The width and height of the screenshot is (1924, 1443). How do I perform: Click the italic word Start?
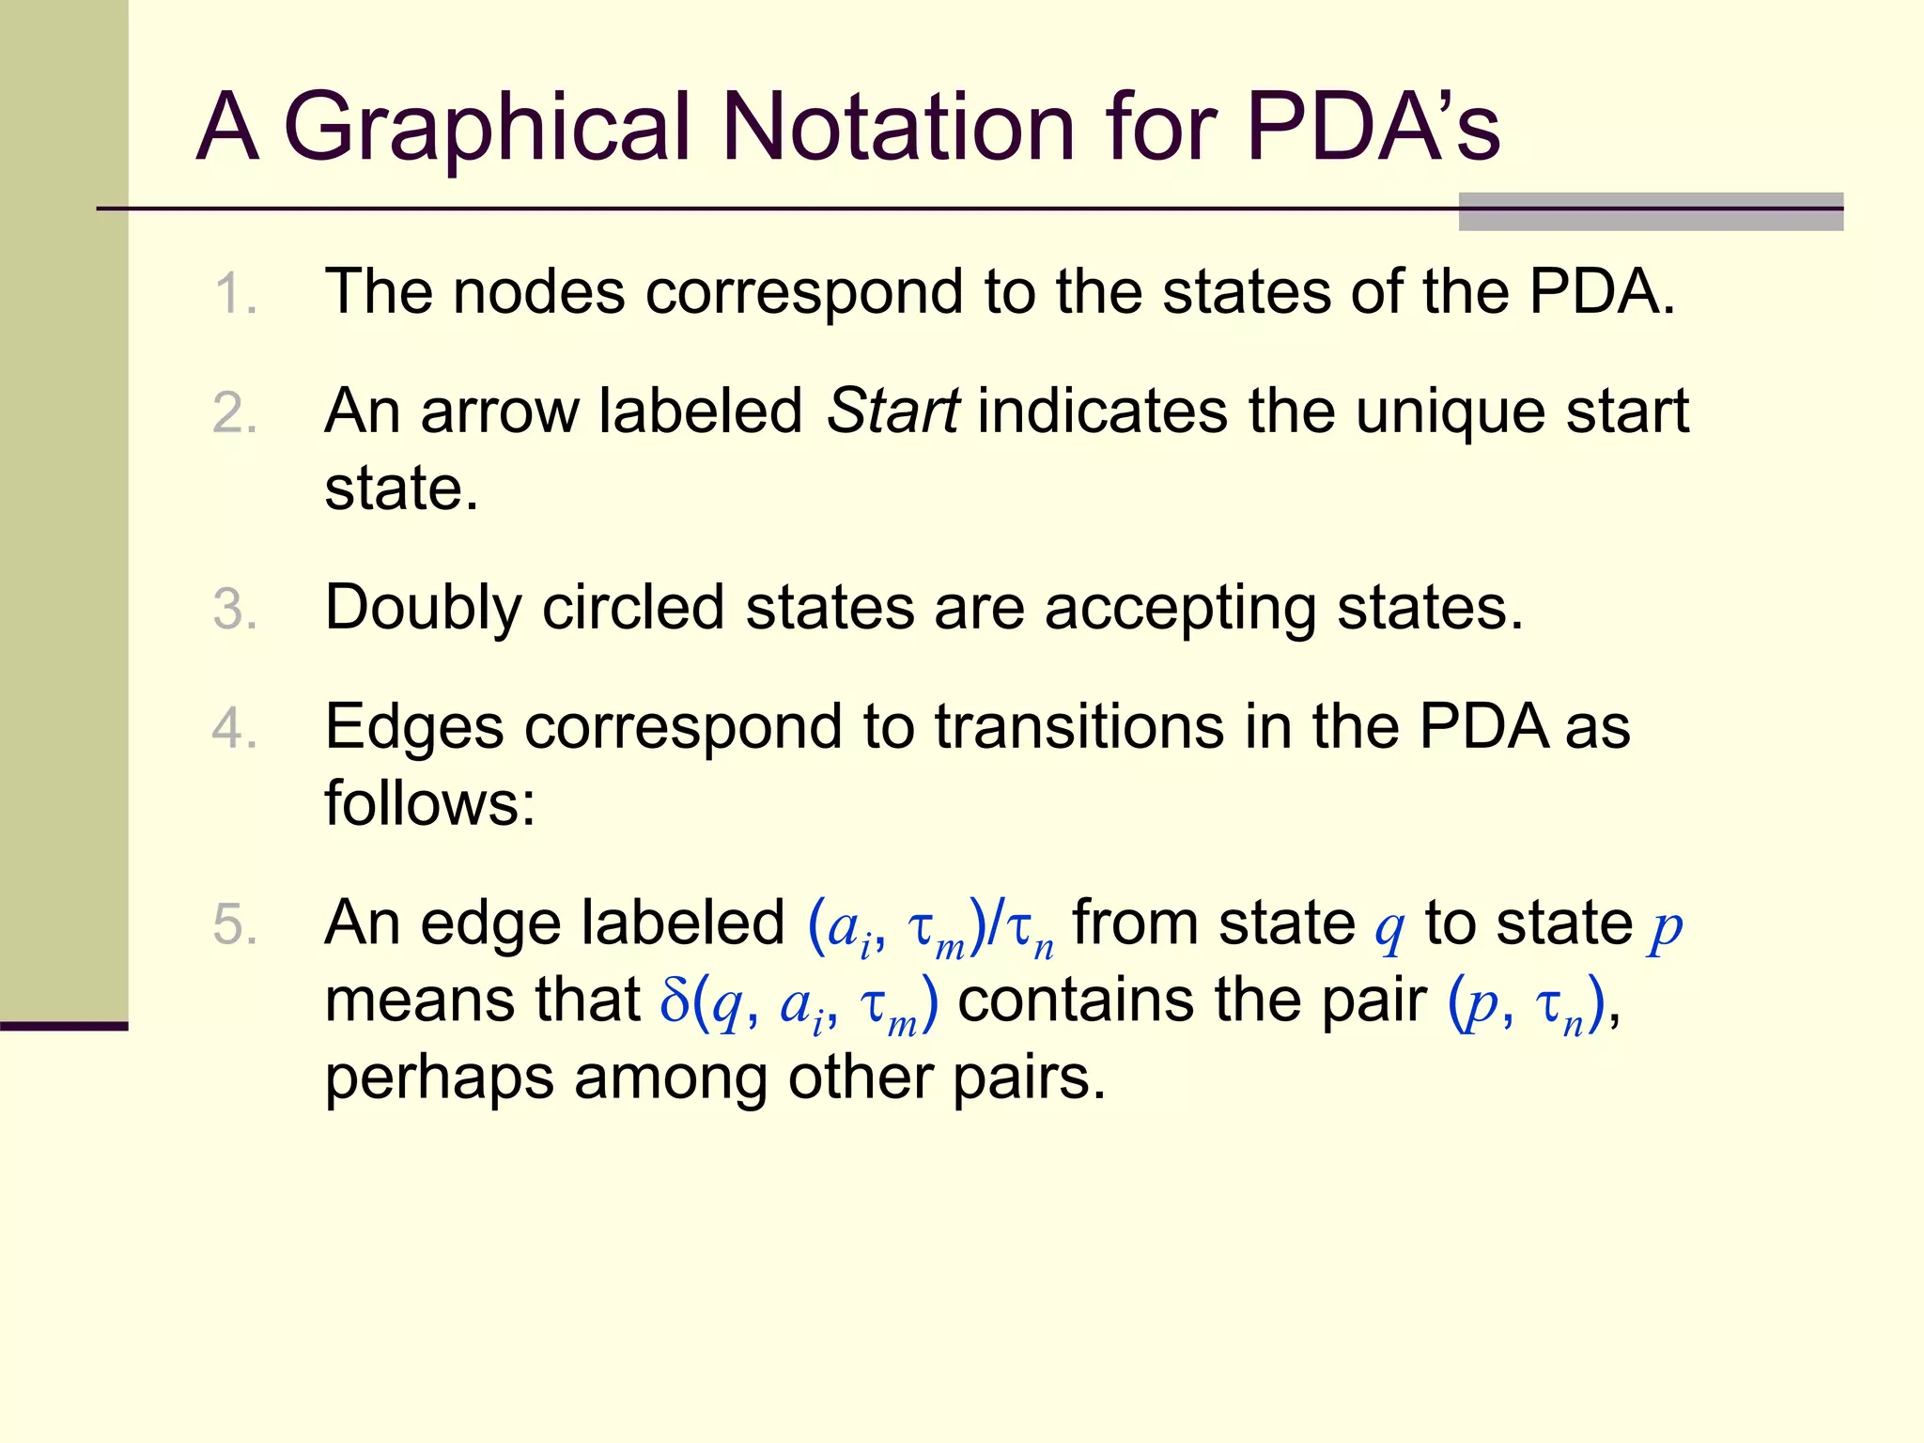click(892, 411)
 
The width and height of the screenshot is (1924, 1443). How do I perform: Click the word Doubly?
click(423, 609)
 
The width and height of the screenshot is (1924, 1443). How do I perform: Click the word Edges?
click(413, 727)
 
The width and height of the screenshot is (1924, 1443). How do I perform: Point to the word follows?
click(429, 804)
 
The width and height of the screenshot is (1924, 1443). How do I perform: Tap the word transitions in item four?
click(1079, 727)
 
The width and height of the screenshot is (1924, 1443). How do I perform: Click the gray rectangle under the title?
click(1650, 212)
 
